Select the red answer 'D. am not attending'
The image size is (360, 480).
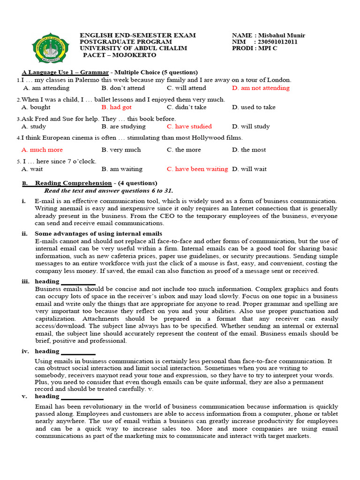(x=261, y=88)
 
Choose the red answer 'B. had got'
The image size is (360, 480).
(x=116, y=107)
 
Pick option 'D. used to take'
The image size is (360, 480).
(x=254, y=107)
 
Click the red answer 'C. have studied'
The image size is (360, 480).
(x=189, y=127)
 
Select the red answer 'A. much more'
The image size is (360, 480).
(x=42, y=150)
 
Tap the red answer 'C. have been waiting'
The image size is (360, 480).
(x=197, y=169)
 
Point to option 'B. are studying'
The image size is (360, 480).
(x=123, y=127)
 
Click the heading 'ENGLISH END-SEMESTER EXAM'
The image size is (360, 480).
(x=138, y=36)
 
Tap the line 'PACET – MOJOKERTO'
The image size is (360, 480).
(x=120, y=55)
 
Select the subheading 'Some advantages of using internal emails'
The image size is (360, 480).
(x=98, y=233)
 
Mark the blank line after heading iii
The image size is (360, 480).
(x=78, y=283)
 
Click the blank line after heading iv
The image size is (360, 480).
(x=78, y=352)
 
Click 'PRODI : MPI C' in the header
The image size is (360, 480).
(x=255, y=48)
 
